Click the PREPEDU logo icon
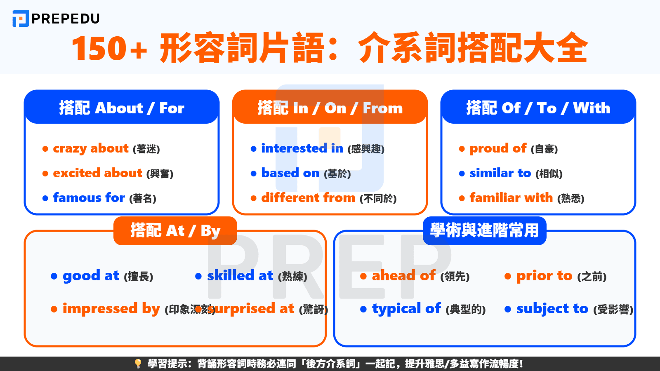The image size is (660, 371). pos(21,19)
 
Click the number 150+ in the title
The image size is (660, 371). pos(109,48)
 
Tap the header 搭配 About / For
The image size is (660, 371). pos(122,108)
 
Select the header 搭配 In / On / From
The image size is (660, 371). pos(330,108)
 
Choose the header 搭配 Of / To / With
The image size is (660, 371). pos(538,108)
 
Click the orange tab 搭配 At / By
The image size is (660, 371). pos(175,230)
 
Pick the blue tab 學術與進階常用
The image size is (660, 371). pos(485,230)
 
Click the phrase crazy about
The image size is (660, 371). pos(91,148)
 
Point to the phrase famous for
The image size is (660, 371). pos(89,198)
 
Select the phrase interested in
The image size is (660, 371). pos(302,148)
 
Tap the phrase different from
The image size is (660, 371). pos(308,198)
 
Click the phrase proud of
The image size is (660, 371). pos(498,148)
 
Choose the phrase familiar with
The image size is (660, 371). pos(511,198)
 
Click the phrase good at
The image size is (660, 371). pos(91,276)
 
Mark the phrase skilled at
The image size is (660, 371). pos(240,276)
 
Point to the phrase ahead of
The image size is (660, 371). pos(403,276)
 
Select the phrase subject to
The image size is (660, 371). pos(552,309)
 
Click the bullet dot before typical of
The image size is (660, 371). pos(363,309)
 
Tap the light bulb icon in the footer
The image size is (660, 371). pos(138,364)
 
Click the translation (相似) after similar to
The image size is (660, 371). pos(549,174)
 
